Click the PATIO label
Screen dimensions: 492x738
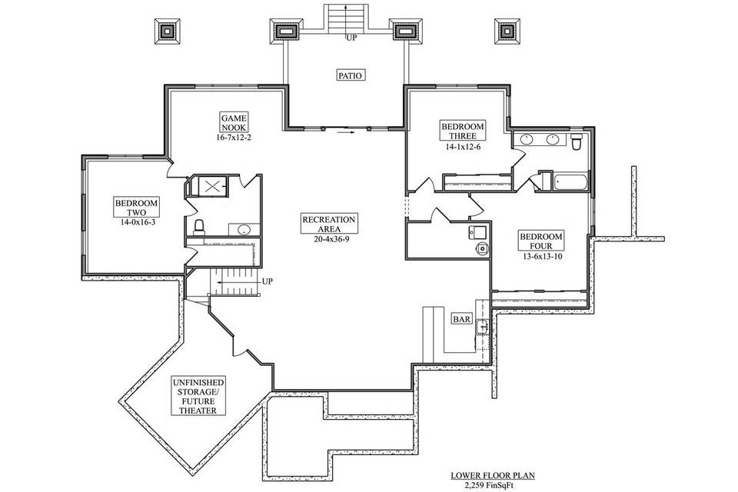[350, 75]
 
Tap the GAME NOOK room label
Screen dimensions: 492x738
[234, 121]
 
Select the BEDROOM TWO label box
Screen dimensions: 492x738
[136, 208]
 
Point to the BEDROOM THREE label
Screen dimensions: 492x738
[462, 131]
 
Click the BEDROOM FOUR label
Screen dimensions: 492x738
[541, 241]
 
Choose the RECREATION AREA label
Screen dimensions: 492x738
[328, 224]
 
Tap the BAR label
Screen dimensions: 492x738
[461, 319]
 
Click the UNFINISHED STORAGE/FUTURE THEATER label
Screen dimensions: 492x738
[198, 396]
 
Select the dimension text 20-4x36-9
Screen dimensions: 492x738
[328, 239]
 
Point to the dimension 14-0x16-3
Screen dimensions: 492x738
[136, 223]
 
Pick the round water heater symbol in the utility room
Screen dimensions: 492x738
[482, 248]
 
